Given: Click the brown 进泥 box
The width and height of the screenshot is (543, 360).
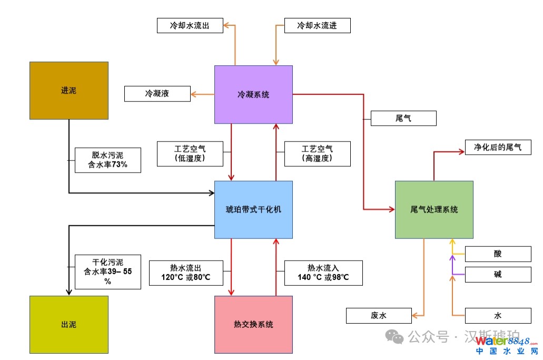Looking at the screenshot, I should (68, 91).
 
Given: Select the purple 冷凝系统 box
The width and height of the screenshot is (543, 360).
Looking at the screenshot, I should (253, 95).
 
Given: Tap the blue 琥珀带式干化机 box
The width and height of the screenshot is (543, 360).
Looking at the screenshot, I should (253, 209).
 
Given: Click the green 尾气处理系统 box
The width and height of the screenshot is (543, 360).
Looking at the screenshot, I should (434, 209).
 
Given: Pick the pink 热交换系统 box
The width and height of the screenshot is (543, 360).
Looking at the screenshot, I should (253, 324).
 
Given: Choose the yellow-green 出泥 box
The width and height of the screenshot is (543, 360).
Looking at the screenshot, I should (68, 324).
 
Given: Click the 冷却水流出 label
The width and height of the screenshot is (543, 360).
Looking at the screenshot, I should (190, 25).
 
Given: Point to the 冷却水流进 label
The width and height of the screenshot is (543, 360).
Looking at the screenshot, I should (317, 25).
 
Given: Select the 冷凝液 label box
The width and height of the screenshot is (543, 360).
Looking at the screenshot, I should (157, 94).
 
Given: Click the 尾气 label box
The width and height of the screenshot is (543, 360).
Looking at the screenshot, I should (403, 118).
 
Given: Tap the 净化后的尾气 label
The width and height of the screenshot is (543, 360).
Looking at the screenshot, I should (498, 147).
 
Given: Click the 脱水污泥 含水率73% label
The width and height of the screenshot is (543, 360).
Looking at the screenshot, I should (108, 160).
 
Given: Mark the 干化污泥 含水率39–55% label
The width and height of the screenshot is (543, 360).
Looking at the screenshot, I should (108, 272).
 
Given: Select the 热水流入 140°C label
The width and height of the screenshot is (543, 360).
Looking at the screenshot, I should (323, 273).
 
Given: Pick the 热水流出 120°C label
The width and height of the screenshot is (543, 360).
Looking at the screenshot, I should (190, 273).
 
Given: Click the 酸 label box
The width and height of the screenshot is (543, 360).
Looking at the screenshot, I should (498, 254).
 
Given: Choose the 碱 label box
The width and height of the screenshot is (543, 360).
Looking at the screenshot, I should (498, 274).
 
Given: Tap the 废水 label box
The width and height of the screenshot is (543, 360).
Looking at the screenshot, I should (378, 316).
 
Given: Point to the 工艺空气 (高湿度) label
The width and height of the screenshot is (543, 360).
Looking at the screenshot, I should (317, 154).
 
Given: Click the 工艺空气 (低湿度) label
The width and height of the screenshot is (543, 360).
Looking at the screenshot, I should (190, 154).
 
